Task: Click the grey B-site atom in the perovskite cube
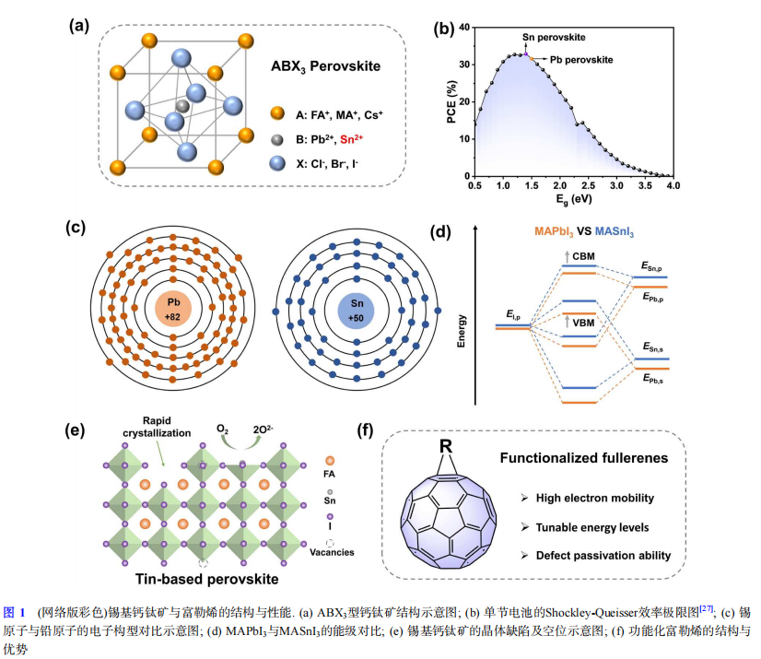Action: click(x=182, y=106)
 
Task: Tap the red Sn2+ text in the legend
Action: click(x=351, y=139)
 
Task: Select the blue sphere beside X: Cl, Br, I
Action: click(x=277, y=163)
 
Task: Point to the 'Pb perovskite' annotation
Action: click(x=581, y=60)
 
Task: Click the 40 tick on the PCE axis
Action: click(x=464, y=28)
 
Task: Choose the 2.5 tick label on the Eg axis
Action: click(x=588, y=185)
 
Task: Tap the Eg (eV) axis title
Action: click(x=574, y=200)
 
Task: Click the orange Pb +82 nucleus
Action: click(x=173, y=309)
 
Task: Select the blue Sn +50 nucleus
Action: click(x=357, y=311)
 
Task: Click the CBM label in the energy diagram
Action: click(x=583, y=256)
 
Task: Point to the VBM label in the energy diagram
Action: click(x=583, y=323)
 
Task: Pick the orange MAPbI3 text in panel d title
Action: click(x=554, y=232)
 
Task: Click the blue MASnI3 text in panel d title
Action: click(x=615, y=232)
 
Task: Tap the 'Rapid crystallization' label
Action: click(x=157, y=427)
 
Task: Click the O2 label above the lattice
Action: click(x=222, y=430)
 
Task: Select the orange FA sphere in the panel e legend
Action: click(x=330, y=460)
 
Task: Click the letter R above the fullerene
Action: click(x=446, y=446)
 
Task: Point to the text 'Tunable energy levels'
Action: click(x=592, y=527)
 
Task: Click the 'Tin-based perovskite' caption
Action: click(x=206, y=579)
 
